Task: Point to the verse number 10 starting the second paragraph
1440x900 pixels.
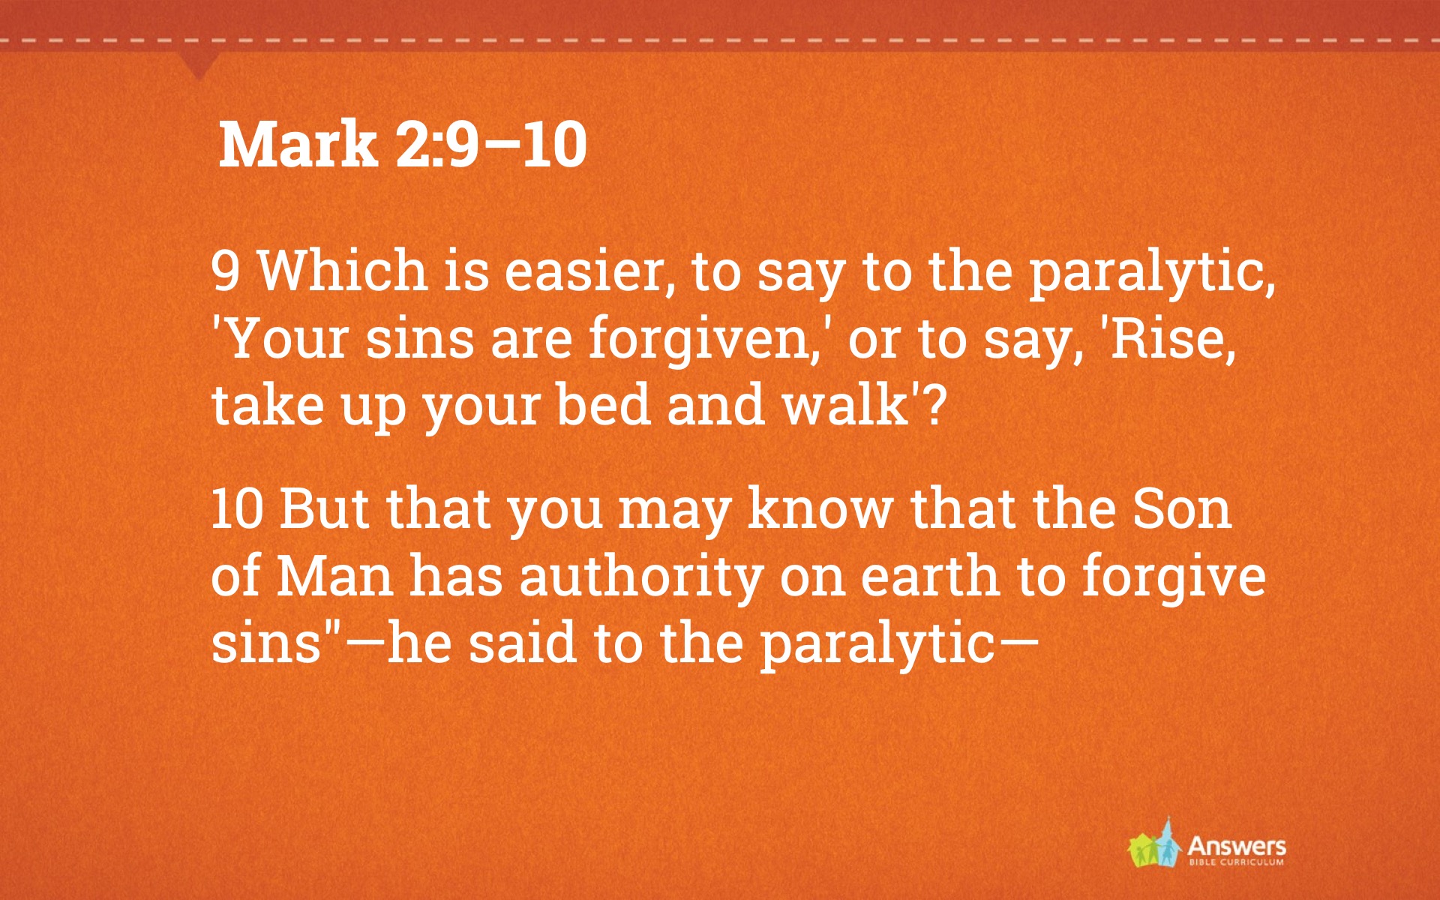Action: [237, 508]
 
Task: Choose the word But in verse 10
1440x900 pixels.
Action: [324, 508]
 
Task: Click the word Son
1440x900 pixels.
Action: [1182, 508]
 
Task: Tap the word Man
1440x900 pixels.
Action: [335, 576]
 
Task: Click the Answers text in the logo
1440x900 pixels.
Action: [1237, 847]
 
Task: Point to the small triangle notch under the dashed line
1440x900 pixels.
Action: [199, 66]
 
